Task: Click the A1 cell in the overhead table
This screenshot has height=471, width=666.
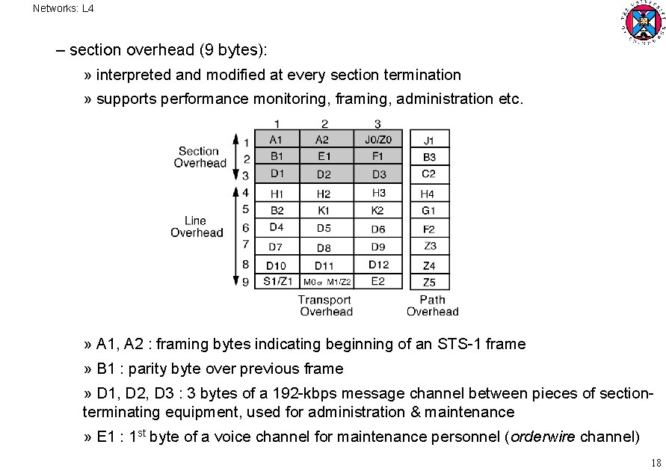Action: point(277,139)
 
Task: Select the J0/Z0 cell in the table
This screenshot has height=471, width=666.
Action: point(378,139)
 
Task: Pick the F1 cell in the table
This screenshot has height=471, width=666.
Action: point(378,156)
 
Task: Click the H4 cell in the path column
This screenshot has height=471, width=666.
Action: point(428,194)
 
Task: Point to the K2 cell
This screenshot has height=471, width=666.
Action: point(378,211)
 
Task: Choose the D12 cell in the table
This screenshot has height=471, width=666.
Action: point(378,265)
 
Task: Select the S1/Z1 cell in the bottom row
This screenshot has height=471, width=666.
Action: point(277,282)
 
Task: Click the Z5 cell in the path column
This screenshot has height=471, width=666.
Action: point(428,283)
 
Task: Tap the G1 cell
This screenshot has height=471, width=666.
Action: point(428,211)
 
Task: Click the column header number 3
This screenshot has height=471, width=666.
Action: point(377,123)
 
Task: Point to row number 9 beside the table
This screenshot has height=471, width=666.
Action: point(245,282)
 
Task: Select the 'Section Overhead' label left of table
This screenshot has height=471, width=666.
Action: point(200,157)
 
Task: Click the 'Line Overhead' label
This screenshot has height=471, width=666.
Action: point(197,227)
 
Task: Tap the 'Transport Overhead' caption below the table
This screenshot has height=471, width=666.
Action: point(325,306)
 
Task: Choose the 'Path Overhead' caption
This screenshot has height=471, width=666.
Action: point(432,306)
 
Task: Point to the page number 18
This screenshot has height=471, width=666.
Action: point(656,462)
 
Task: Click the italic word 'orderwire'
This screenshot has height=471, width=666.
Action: point(543,437)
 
